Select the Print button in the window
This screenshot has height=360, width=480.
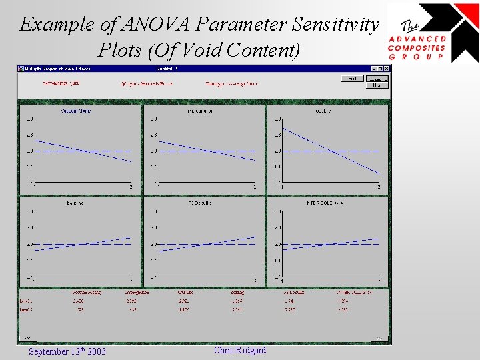point(351,79)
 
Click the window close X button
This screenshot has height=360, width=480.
point(387,68)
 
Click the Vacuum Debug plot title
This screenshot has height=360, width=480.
point(76,111)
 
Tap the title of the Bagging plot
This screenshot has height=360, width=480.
point(75,203)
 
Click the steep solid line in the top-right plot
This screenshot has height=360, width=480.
point(330,151)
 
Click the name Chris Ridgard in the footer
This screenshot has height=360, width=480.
point(240,350)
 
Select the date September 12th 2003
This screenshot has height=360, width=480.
point(67,351)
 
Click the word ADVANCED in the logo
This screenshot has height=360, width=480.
point(417,39)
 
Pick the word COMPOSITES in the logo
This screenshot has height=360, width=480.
point(417,48)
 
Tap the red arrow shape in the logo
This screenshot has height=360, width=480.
point(466,15)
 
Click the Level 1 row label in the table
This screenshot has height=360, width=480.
point(27,301)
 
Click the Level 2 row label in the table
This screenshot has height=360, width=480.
point(27,309)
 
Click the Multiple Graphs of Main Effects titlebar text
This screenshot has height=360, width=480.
point(58,68)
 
